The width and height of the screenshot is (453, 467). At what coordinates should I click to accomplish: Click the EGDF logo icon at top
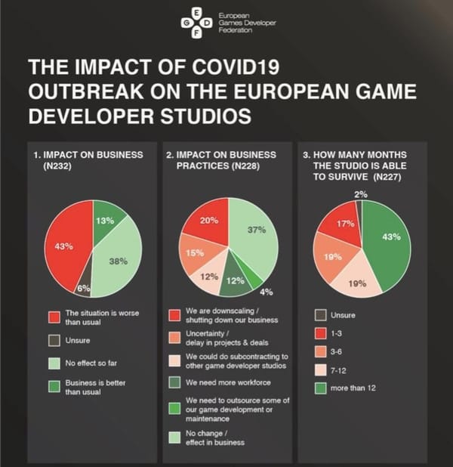(197, 22)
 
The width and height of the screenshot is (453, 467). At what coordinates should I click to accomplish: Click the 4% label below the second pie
(267, 291)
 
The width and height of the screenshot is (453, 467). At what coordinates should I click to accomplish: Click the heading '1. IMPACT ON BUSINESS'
(89, 155)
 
